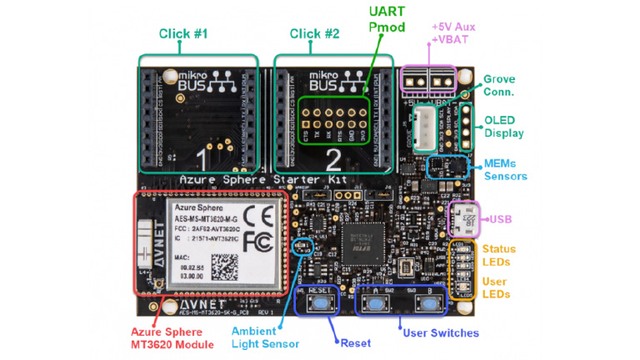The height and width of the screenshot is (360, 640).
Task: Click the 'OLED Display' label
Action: [x=504, y=126]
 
